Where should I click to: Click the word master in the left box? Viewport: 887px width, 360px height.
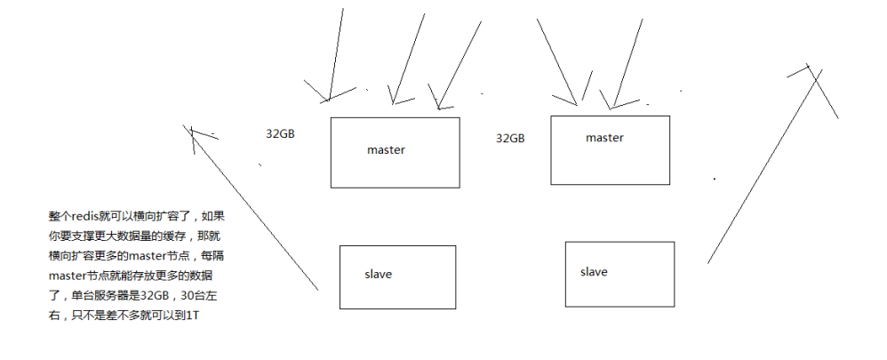coord(386,150)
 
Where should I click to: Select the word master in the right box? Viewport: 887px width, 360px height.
coord(604,138)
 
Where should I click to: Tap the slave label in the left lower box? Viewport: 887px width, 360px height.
coord(378,274)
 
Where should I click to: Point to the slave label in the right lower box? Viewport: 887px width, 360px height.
coord(594,271)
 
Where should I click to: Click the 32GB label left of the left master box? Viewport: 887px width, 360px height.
coord(280,134)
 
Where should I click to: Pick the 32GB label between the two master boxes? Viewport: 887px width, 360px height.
coord(510,139)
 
